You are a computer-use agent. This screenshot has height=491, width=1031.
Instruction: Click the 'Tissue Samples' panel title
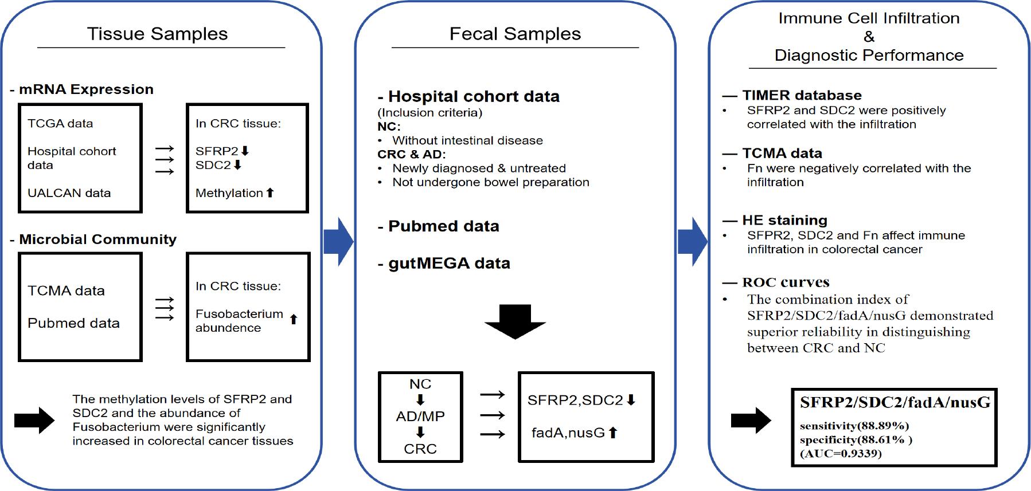click(157, 34)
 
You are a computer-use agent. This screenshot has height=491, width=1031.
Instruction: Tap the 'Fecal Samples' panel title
click(515, 34)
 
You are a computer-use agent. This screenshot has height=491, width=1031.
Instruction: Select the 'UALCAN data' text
click(69, 193)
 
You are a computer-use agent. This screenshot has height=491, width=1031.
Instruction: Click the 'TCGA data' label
click(60, 123)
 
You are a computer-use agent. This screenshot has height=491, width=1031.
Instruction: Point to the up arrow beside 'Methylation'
click(270, 193)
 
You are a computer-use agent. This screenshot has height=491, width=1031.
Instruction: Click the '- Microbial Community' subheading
click(93, 239)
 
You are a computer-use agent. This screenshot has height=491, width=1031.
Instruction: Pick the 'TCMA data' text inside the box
click(66, 290)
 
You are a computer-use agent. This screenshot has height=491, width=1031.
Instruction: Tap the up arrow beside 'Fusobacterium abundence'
click(294, 319)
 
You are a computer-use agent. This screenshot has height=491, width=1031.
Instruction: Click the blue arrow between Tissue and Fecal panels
click(339, 242)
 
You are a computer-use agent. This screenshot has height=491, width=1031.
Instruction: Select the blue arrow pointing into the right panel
click(693, 242)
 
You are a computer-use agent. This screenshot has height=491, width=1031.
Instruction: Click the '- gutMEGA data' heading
click(444, 263)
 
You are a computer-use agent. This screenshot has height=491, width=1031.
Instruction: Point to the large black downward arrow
click(515, 321)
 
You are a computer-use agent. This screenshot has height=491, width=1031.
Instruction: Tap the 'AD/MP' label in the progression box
click(420, 416)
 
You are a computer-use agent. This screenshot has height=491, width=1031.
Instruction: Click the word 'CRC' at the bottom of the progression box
click(420, 449)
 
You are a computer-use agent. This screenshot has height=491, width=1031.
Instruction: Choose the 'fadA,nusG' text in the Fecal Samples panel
click(568, 433)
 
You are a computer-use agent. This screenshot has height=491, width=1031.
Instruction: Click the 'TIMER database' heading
click(802, 95)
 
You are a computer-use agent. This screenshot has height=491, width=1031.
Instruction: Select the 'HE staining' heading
click(784, 220)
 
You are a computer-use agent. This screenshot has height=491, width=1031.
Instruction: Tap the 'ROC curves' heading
click(786, 282)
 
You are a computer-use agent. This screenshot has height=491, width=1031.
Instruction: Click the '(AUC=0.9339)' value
click(841, 454)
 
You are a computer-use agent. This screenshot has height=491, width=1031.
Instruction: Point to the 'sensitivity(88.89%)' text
click(854, 426)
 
